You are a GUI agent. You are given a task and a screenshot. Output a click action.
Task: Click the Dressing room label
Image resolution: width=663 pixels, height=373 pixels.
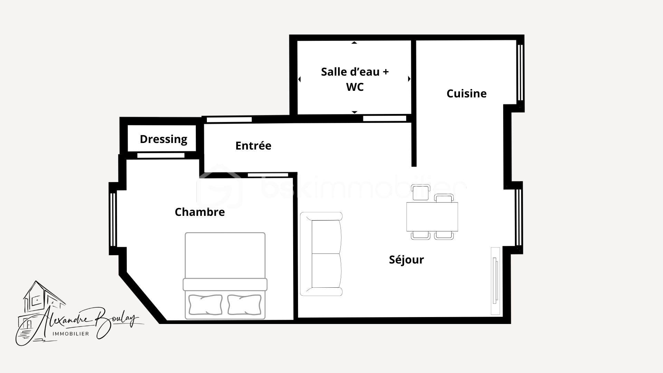click(163, 139)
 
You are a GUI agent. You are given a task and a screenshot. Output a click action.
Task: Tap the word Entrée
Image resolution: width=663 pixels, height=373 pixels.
click(253, 146)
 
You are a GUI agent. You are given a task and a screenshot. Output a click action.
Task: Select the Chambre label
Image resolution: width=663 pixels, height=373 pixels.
click(200, 212)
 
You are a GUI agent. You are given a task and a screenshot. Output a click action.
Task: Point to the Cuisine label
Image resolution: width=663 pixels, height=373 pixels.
click(466, 94)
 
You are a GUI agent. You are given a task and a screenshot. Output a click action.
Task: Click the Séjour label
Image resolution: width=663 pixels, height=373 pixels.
click(406, 260)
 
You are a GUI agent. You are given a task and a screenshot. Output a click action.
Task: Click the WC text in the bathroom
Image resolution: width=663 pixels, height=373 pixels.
click(355, 87)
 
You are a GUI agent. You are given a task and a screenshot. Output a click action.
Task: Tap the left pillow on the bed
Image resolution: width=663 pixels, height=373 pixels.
click(205, 304)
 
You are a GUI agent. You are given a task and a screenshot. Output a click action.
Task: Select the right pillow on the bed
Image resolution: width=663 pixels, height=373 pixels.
click(244, 304)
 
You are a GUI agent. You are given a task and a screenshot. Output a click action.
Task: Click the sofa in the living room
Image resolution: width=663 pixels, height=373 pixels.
click(321, 254)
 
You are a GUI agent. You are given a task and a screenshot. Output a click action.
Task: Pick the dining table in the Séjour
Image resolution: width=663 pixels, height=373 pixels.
click(432, 217)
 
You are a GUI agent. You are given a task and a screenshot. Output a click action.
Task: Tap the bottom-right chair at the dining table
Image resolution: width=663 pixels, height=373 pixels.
click(444, 236)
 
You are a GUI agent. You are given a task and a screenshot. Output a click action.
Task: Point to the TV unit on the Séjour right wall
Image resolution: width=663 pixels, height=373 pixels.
click(496, 280)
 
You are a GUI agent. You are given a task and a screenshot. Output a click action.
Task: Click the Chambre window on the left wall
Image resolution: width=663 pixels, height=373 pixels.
click(113, 219)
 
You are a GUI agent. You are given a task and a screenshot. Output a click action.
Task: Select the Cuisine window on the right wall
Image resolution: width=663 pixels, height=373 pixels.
click(520, 72)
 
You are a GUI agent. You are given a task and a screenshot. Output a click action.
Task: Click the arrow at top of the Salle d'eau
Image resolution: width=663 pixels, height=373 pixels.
click(354, 43)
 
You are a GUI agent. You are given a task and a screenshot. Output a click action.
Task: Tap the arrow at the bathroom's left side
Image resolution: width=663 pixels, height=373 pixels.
click(299, 79)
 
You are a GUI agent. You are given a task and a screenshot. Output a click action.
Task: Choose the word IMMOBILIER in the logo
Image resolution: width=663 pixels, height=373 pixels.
click(70, 334)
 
